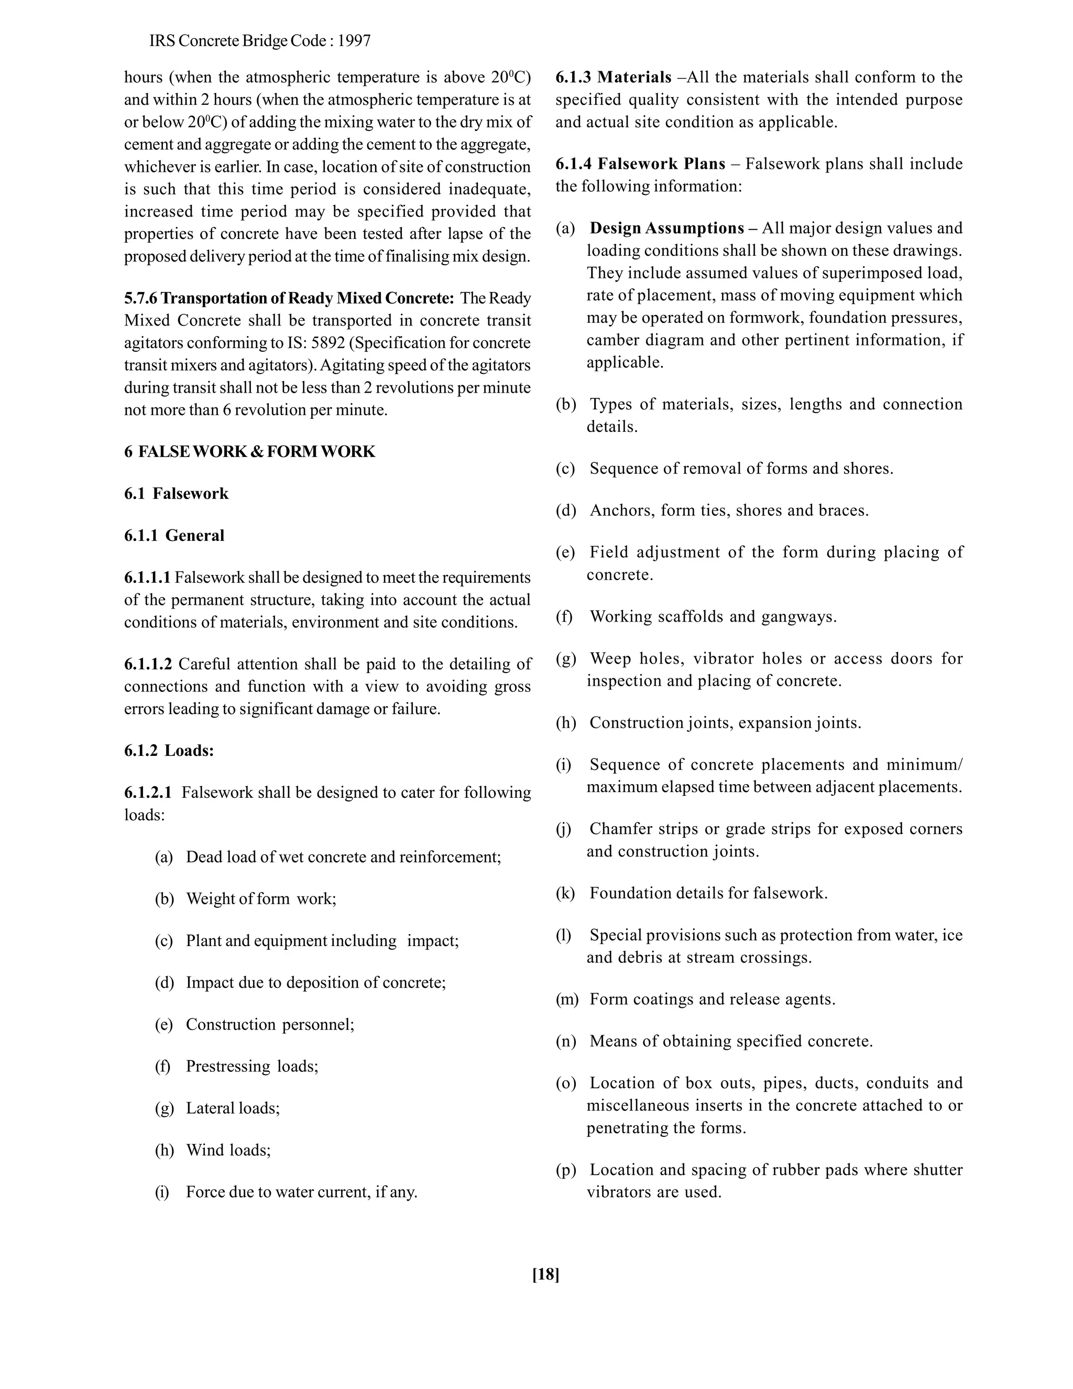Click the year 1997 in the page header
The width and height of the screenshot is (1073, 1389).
354,41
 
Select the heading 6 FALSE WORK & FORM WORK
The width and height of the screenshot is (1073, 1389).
250,451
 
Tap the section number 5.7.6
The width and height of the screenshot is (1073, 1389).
140,298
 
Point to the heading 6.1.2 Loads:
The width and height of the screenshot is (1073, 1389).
169,751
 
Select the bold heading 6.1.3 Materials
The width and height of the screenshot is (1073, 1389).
614,78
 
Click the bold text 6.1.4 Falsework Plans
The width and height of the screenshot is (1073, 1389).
640,164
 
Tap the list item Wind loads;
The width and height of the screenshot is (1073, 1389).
228,1150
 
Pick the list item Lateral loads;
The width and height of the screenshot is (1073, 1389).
233,1108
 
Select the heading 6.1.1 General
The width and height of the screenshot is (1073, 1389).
174,536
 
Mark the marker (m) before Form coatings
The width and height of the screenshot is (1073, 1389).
567,999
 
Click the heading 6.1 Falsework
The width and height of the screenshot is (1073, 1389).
176,494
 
